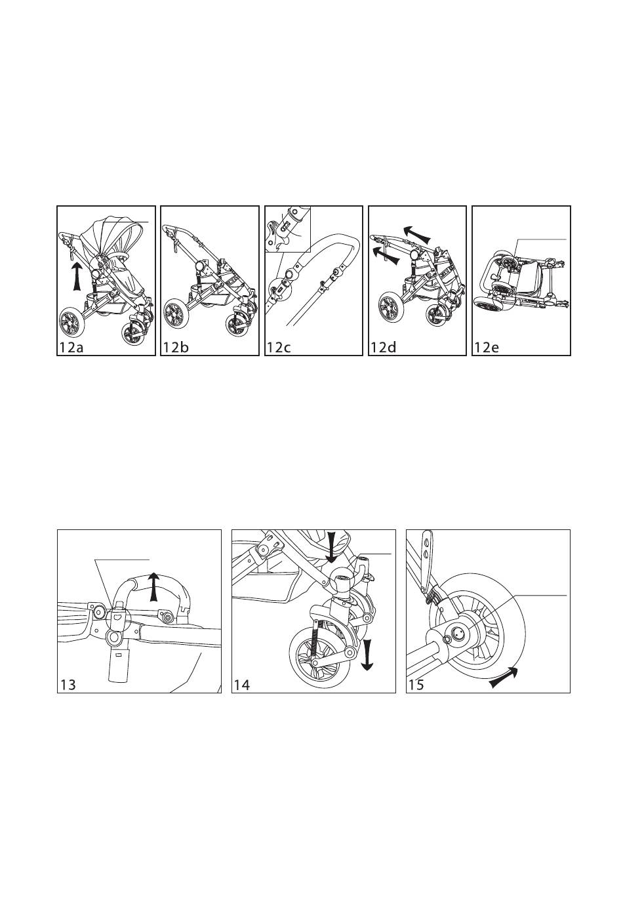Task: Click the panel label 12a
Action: click(71, 347)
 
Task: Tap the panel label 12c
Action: click(278, 347)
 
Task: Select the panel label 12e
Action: click(486, 347)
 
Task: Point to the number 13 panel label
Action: click(68, 685)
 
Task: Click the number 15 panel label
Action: click(416, 685)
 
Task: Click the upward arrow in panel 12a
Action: click(77, 276)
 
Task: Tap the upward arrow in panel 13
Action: click(153, 586)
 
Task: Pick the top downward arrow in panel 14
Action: click(332, 547)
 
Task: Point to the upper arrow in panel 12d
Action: click(417, 234)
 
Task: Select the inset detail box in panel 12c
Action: click(288, 230)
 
